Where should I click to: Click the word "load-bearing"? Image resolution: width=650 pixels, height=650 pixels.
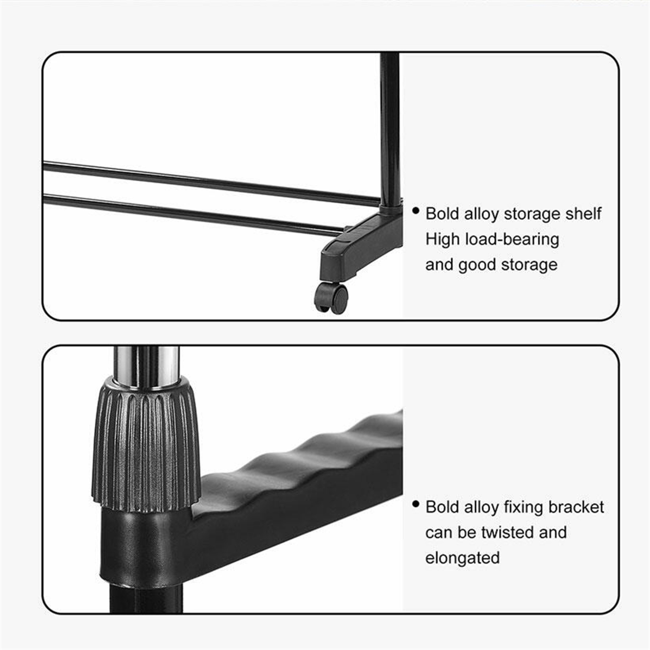(512, 239)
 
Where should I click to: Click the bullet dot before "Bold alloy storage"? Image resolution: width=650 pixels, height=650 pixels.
(416, 211)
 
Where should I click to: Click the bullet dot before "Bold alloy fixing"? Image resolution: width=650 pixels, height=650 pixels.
(416, 504)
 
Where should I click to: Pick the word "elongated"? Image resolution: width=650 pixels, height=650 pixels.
(462, 558)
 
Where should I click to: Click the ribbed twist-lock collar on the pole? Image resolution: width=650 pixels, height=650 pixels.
(146, 442)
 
